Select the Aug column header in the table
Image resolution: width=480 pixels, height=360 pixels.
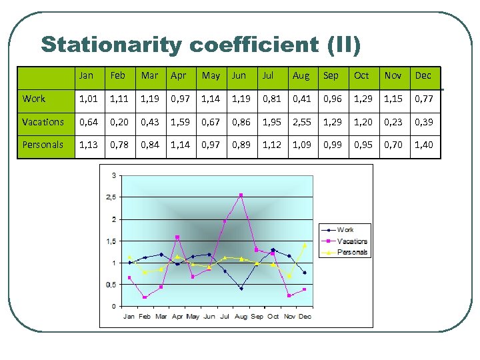[x=301, y=75]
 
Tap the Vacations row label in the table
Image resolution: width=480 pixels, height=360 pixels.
[x=43, y=121]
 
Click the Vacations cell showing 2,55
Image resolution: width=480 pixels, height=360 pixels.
[x=301, y=121]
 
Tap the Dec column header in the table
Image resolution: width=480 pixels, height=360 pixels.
[x=423, y=75]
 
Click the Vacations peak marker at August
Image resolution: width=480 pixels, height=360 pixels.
[x=241, y=195]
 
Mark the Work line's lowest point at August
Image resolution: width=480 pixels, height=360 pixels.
[x=241, y=288]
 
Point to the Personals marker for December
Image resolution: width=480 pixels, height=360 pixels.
[x=305, y=245]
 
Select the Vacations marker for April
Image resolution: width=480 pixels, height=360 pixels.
[x=177, y=237]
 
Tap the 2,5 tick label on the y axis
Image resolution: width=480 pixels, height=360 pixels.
[x=110, y=197]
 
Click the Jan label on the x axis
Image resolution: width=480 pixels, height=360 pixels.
[x=129, y=316]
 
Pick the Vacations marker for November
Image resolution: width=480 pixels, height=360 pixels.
[x=289, y=295]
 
